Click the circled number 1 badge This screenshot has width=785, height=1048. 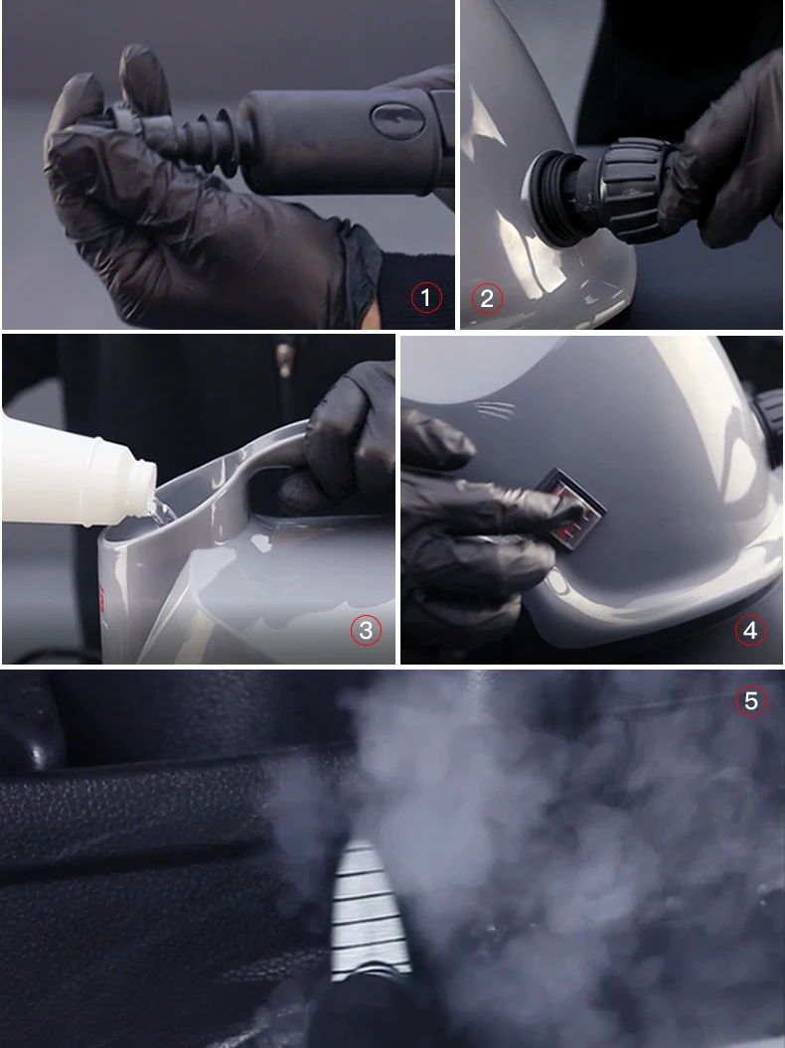point(426,297)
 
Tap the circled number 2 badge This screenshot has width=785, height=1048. point(487,298)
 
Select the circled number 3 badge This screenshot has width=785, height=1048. point(366,630)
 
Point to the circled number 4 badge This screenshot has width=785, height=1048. point(750,630)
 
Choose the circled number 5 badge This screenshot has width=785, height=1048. point(751,700)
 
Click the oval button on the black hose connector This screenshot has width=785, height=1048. point(397,120)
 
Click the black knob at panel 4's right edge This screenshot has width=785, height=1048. point(769,411)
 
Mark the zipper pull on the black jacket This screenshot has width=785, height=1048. point(285,361)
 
